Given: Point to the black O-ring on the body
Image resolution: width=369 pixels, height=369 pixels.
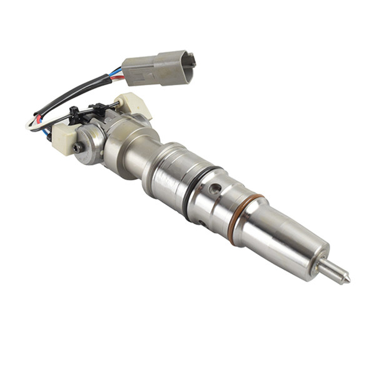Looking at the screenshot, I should (196, 192).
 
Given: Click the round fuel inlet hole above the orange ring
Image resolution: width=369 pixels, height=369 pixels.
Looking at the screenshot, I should (215, 188).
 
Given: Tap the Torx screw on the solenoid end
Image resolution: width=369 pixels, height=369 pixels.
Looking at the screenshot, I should (78, 148).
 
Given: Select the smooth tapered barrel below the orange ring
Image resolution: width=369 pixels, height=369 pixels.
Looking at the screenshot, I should (281, 241).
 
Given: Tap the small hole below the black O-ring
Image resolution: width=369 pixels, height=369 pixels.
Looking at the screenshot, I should (201, 222).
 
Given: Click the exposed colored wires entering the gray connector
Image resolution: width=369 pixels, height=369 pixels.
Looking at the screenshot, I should (116, 74).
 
